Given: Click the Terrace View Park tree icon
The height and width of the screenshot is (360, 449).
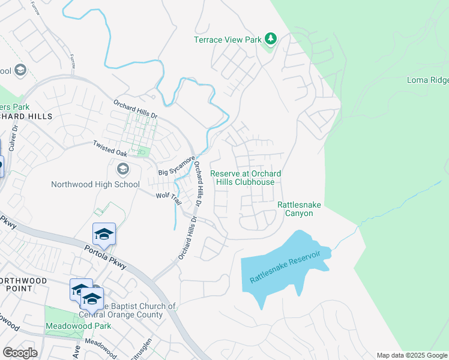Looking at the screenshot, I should click(x=271, y=39).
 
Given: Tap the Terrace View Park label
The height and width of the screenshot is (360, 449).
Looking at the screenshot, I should click(x=228, y=40).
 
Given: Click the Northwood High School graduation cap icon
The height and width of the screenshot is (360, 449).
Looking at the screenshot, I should click(x=123, y=169).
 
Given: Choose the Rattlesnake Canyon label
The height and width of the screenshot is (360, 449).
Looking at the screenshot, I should click(x=299, y=209).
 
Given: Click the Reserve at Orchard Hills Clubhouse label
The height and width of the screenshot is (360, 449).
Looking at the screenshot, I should click(x=246, y=178).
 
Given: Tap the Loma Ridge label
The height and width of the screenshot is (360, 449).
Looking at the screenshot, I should click(x=427, y=80).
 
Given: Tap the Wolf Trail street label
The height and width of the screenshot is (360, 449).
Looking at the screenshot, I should click(x=168, y=198).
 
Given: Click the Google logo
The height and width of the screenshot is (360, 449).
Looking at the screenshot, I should click(x=20, y=353).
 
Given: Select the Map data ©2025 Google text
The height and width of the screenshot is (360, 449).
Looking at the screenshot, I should click(x=411, y=355).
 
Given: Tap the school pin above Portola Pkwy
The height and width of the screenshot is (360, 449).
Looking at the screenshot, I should click(x=104, y=234).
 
